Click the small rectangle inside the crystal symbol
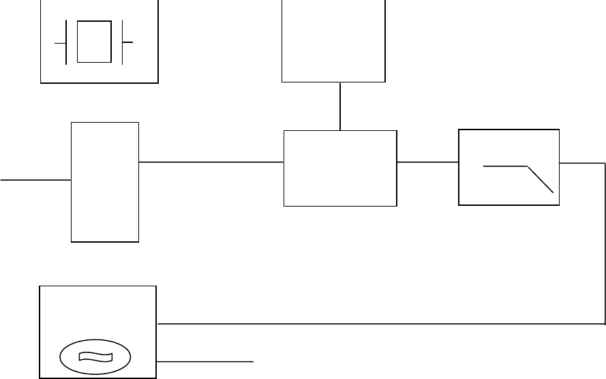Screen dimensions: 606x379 click(x=94, y=42)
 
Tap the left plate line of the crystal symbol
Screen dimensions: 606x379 click(x=65, y=42)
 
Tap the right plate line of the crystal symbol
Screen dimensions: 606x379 click(x=122, y=42)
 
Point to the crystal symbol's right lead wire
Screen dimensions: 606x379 click(x=127, y=42)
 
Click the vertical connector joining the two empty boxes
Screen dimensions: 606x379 click(x=340, y=106)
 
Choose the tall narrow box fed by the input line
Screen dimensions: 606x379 click(x=105, y=182)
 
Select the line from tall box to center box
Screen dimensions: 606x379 click(x=211, y=162)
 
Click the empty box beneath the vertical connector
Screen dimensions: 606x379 click(x=340, y=168)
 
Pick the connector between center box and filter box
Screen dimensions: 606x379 click(x=427, y=162)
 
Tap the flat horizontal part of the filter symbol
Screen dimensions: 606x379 click(x=505, y=166)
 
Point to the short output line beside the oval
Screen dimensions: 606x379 click(x=205, y=360)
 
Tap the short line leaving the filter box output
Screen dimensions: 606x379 click(x=582, y=164)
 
